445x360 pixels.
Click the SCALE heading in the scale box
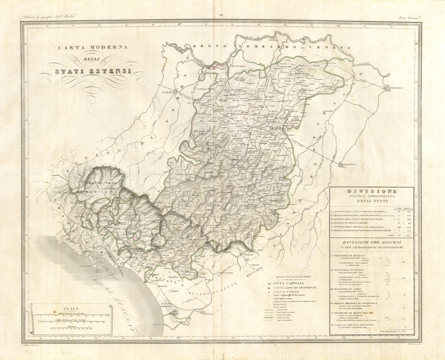click(64, 307)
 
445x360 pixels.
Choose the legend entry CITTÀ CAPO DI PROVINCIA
click(295, 288)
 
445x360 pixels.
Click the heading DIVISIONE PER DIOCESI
click(372, 243)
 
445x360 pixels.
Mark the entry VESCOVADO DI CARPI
click(349, 289)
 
